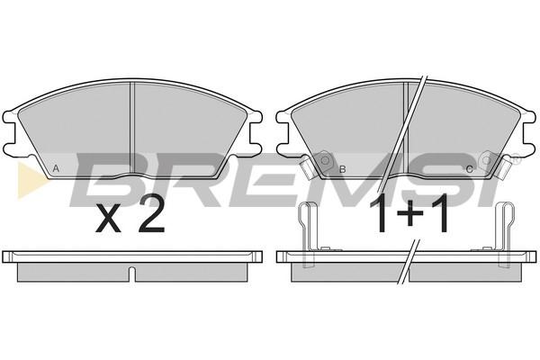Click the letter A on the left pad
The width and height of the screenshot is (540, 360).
56,169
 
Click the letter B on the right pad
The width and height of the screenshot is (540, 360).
342,169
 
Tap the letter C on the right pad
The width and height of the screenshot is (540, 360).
469,169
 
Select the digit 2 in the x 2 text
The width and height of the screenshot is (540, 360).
150,214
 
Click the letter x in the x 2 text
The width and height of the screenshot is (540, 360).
108,218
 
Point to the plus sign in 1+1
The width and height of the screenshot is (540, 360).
410,213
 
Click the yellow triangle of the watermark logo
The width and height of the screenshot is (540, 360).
31,180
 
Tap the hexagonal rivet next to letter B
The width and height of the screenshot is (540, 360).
324,160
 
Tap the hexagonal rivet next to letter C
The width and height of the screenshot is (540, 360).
486,160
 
